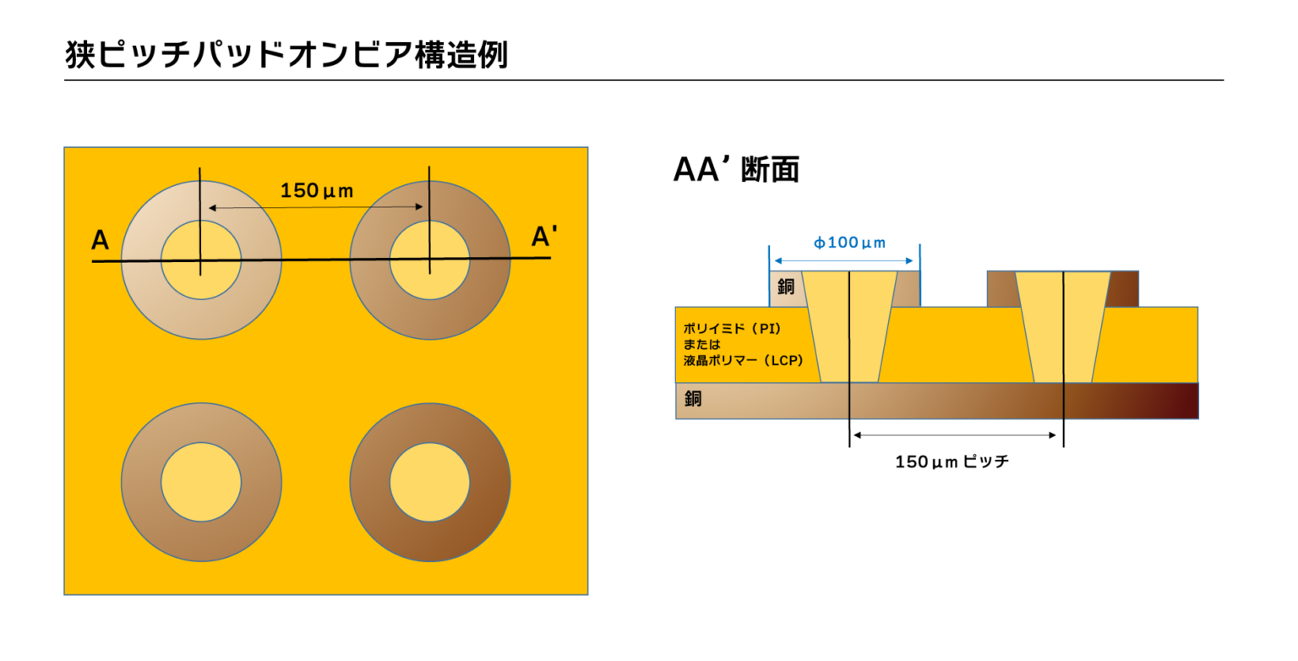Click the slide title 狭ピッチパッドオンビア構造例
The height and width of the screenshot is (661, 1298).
(286, 54)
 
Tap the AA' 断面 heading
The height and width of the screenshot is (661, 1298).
(736, 169)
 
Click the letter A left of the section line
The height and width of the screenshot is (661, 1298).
(101, 239)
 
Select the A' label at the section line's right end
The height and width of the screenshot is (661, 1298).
(544, 236)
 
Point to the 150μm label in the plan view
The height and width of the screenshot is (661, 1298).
(316, 190)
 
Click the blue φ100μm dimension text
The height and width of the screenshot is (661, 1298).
(849, 243)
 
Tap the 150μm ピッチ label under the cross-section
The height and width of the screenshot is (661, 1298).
(952, 462)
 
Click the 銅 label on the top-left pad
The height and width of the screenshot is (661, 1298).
(786, 287)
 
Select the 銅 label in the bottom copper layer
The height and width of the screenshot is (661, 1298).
(693, 398)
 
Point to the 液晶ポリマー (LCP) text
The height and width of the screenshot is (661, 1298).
(744, 361)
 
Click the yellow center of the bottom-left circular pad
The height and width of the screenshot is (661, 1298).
(201, 482)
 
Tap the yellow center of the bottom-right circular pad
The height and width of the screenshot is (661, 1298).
(429, 482)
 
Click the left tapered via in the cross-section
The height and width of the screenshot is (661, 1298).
(849, 326)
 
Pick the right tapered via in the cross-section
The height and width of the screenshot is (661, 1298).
(1063, 326)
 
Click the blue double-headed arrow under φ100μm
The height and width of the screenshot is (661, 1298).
(843, 261)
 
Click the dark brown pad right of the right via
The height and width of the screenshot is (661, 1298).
(1124, 288)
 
